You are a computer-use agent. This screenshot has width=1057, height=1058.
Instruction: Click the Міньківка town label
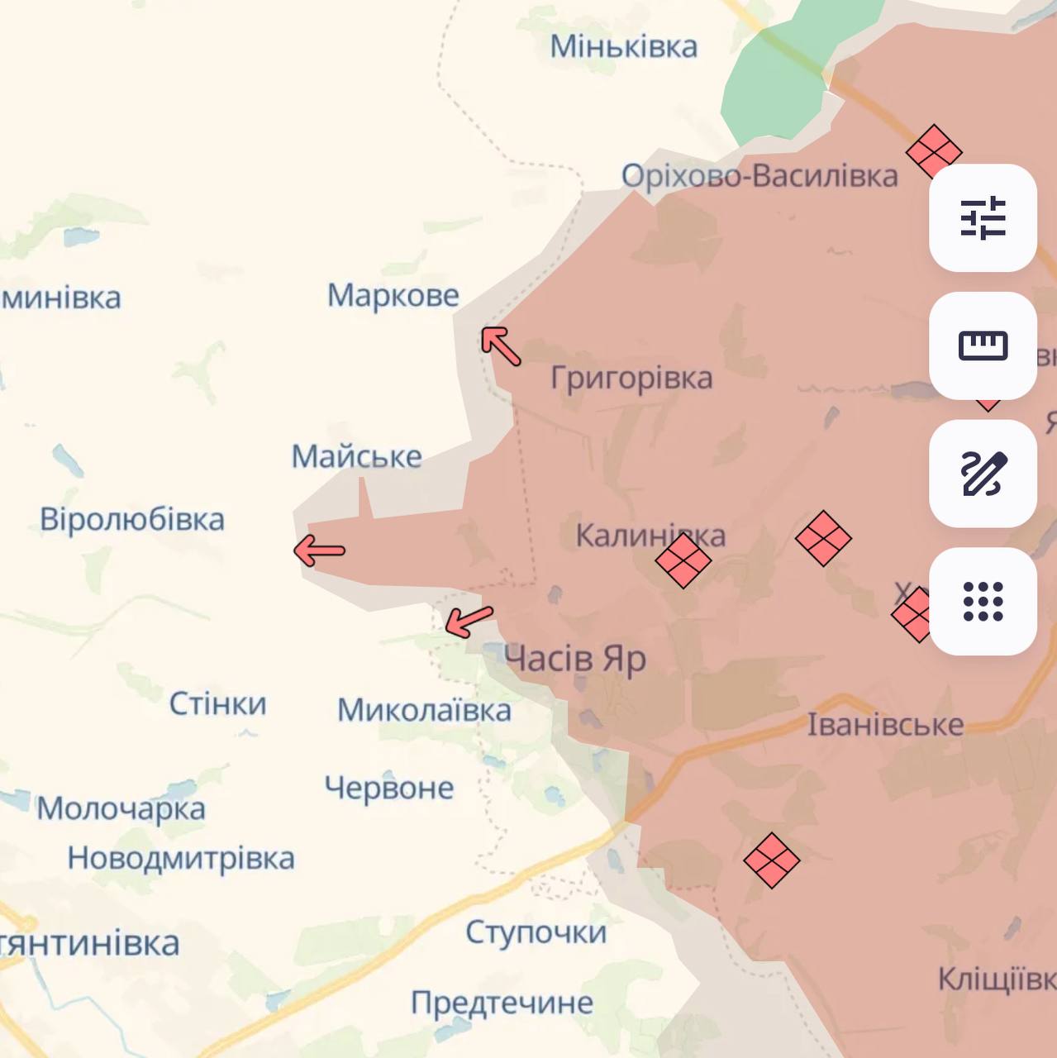point(624,46)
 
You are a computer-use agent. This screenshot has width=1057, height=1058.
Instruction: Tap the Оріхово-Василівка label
point(759,176)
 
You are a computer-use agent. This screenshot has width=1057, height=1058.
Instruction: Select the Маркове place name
point(393,295)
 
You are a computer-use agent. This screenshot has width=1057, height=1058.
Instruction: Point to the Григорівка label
point(631,378)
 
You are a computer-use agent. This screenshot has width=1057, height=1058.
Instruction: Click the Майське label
point(357,456)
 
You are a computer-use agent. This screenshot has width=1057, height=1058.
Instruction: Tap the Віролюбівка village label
point(132,519)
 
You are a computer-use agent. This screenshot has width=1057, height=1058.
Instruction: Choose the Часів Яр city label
point(575,659)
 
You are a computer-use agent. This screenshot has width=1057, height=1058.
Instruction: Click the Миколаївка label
point(424,710)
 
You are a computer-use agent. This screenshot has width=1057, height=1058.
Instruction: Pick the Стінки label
point(218,704)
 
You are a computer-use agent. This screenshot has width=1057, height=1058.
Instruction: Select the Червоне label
point(389,788)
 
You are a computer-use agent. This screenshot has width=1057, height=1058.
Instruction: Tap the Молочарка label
point(121,808)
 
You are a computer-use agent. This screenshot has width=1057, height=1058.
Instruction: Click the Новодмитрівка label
point(181,858)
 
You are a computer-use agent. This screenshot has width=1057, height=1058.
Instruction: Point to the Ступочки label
point(536,932)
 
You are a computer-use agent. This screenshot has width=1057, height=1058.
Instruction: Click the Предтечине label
point(502,1003)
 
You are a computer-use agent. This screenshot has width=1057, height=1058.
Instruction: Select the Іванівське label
point(885,725)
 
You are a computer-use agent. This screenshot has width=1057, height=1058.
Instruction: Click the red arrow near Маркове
point(501,346)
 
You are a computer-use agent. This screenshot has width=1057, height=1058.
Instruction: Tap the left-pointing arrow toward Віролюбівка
point(320,550)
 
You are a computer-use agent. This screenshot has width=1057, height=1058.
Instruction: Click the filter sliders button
point(983,218)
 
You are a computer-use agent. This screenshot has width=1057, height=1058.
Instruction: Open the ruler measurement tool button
point(983,346)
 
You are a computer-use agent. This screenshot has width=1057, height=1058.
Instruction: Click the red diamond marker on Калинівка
point(683,560)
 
